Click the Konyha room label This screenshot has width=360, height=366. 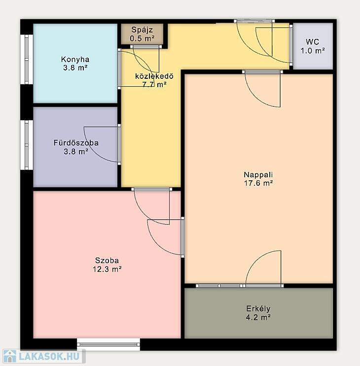tap(75, 59)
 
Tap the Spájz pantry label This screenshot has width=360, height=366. tap(142, 30)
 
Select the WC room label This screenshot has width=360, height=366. tap(312, 42)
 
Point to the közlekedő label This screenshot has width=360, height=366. tap(154, 76)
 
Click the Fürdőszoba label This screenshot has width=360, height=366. tap(76, 143)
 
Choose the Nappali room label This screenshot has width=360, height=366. tap(258, 174)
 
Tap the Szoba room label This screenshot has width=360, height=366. tap(107, 260)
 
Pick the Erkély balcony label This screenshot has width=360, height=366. tap(258, 308)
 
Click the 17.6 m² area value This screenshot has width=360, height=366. tap(258, 183)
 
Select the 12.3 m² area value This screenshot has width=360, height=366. tap(107, 269)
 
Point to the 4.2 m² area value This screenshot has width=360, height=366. tap(258, 317)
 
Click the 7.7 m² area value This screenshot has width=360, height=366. tap(154, 85)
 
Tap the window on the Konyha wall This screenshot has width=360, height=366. tap(27, 59)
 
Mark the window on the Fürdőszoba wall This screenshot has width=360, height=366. tap(27, 145)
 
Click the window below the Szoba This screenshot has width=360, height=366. tap(108, 344)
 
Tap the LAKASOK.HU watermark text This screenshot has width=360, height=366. tap(49, 357)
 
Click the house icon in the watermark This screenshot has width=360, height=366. tap(9, 357)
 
